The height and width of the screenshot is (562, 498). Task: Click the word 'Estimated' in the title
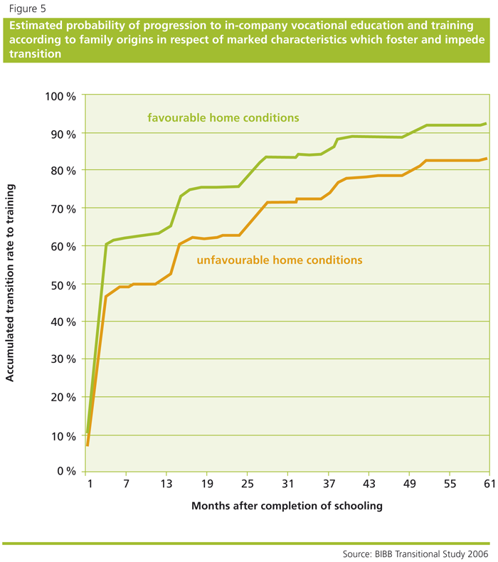click(36, 26)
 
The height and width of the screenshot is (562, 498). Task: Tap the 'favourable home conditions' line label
click(223, 117)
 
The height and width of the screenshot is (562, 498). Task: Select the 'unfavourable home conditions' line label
click(280, 260)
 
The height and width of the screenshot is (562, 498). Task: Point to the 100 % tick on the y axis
click(61, 95)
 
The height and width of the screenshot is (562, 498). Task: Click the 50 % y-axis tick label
click(63, 284)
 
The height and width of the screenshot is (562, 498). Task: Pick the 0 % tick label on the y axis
click(66, 472)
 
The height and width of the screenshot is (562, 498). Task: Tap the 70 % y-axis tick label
click(63, 208)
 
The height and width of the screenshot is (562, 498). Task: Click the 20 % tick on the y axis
click(63, 397)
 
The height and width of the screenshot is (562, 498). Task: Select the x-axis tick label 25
click(248, 484)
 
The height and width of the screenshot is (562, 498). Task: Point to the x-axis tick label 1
click(90, 484)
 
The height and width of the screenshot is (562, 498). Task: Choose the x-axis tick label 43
click(369, 484)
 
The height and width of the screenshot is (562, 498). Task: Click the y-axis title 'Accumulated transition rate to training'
click(10, 282)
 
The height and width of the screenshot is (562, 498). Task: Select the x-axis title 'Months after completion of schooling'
click(287, 506)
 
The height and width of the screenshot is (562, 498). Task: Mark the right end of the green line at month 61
click(486, 124)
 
